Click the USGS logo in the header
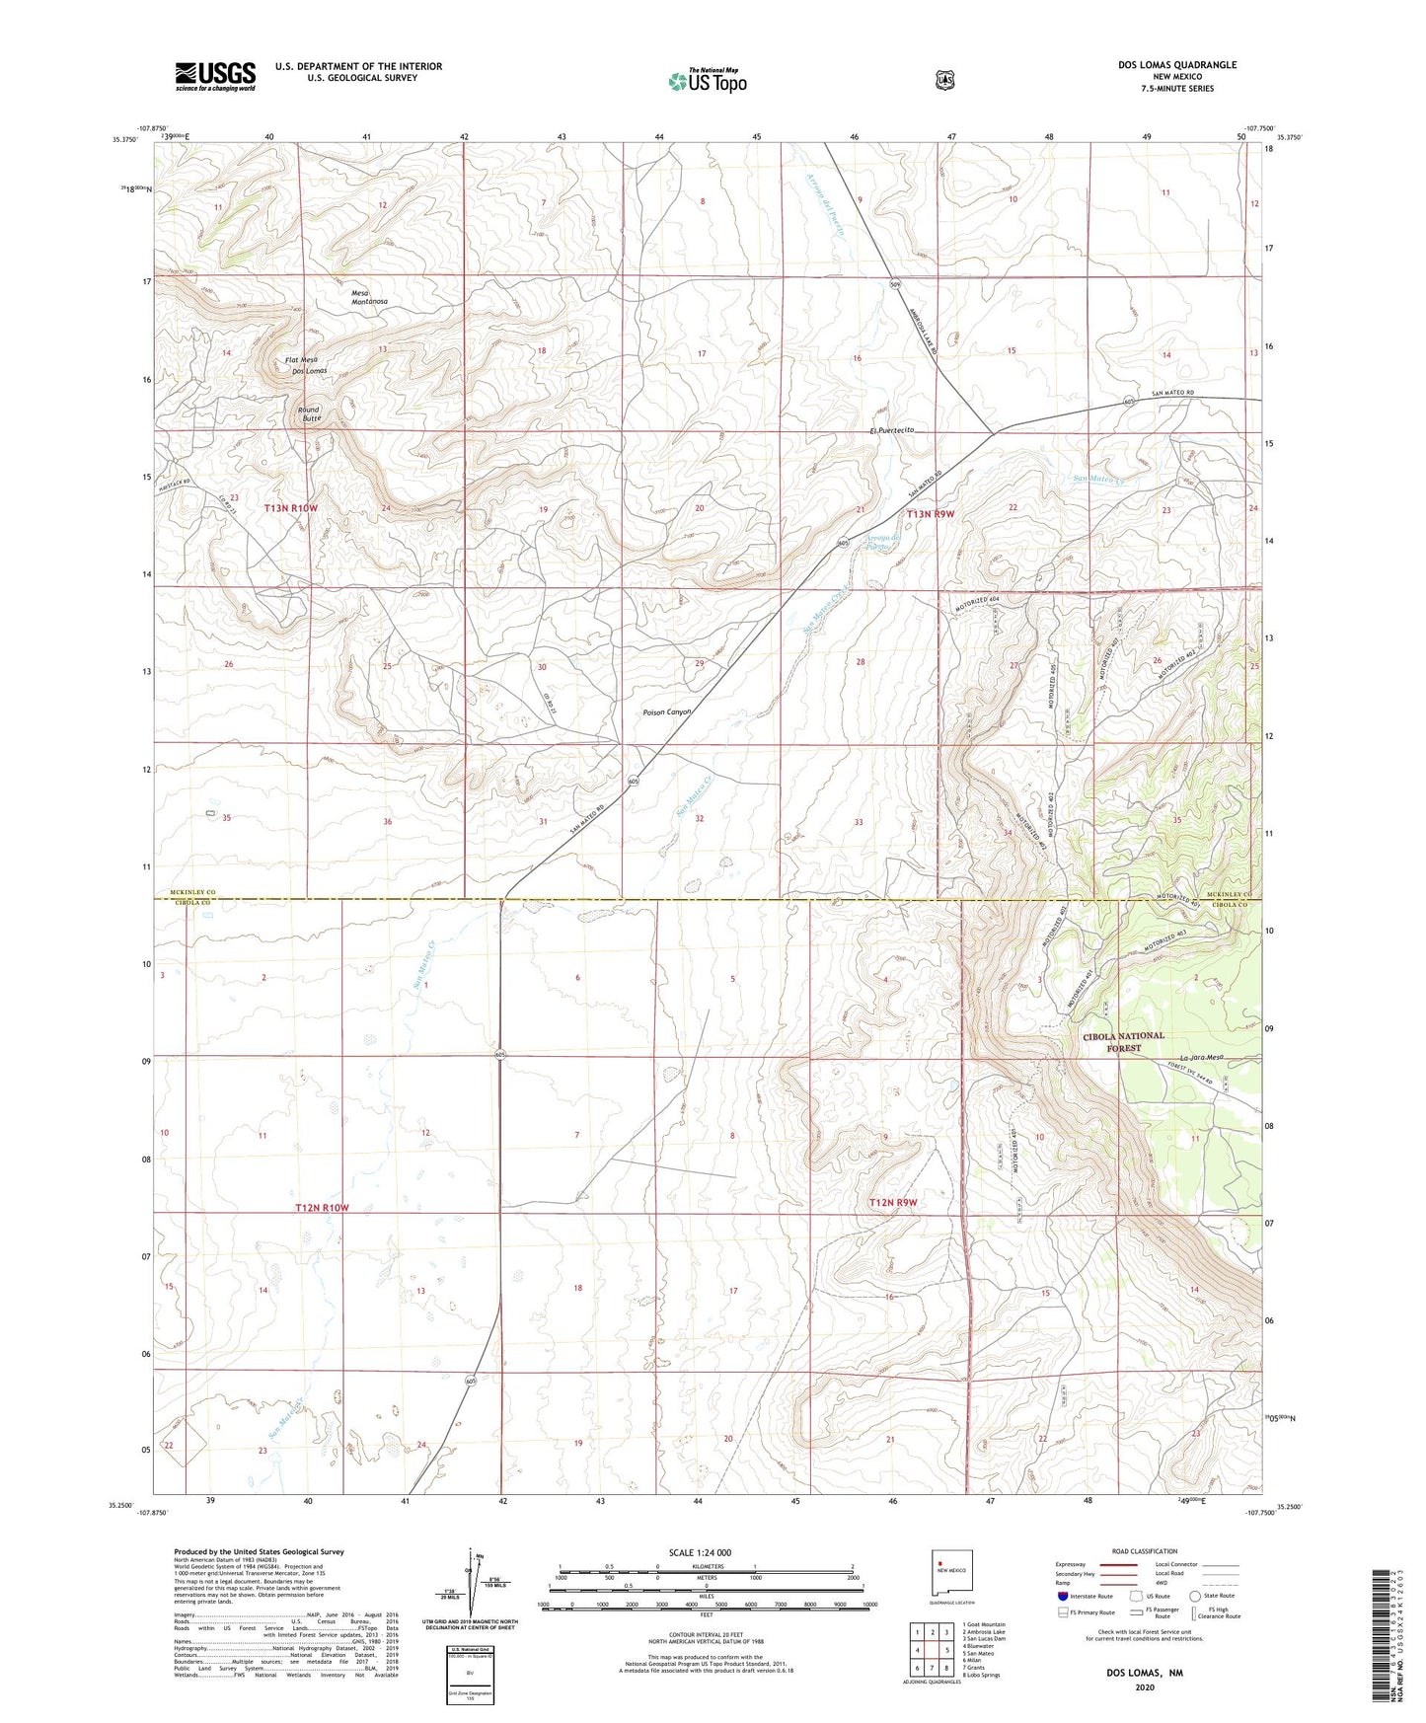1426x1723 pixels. tap(215, 76)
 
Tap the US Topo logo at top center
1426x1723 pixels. tap(706, 81)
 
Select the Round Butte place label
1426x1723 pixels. tap(311, 413)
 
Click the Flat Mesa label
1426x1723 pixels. tap(301, 360)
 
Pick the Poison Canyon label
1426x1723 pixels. tap(667, 712)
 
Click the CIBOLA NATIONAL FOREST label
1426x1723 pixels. tap(1124, 1042)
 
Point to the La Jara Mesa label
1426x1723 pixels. tap(1199, 1057)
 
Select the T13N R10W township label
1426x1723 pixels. tap(291, 508)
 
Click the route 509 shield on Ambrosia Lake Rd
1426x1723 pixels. tap(894, 285)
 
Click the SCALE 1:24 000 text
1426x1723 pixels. tap(700, 1552)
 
